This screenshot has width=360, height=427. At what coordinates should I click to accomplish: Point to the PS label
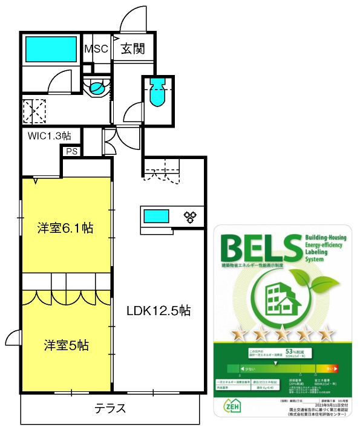point(72,152)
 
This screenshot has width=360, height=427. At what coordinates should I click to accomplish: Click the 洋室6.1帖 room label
point(65,228)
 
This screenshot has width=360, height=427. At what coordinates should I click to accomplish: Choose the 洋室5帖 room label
point(66,345)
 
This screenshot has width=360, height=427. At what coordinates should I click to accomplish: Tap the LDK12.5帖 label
point(159,311)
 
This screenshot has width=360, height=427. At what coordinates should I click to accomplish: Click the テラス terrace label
point(111,408)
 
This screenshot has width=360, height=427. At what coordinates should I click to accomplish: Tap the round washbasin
point(96,90)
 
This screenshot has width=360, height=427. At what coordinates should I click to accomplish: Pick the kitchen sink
point(156,216)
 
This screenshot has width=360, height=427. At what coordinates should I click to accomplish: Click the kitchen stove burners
point(190,216)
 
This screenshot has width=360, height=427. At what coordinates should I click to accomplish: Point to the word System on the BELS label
point(315,258)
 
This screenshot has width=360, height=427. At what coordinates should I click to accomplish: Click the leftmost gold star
point(238,333)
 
